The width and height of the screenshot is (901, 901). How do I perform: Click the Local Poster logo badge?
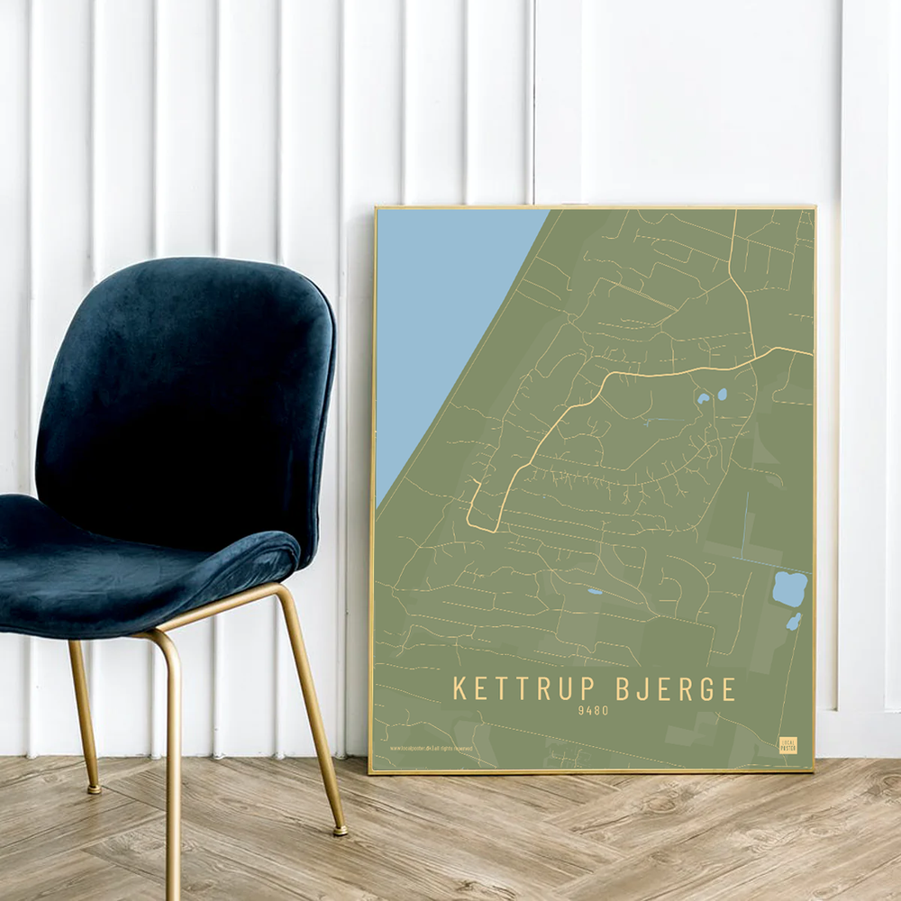click(787, 745)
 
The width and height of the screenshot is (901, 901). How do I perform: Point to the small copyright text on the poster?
click(431, 748)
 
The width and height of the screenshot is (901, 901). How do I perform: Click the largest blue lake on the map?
click(789, 589)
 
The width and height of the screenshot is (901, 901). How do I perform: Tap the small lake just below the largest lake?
click(793, 622)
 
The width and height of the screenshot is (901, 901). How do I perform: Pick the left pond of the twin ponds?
click(703, 397)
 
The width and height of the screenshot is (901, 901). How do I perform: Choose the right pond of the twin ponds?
click(722, 394)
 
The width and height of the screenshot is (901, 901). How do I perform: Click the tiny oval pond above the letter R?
click(595, 592)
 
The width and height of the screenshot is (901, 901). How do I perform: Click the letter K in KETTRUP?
click(460, 689)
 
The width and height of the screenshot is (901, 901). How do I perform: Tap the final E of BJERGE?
click(728, 689)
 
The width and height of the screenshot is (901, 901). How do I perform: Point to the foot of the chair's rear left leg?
click(93, 789)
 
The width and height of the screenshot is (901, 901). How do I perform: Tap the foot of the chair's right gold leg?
click(340, 830)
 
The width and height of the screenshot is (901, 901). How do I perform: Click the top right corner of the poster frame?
click(815, 207)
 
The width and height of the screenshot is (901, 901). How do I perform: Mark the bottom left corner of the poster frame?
click(370, 771)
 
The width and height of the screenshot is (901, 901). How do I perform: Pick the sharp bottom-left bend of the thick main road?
click(470, 523)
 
